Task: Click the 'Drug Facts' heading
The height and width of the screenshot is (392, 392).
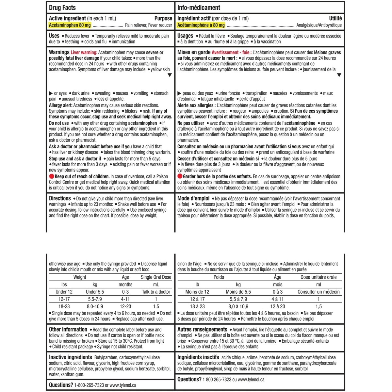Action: pos(62,8)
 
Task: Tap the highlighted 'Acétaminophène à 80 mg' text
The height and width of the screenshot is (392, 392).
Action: pos(201,25)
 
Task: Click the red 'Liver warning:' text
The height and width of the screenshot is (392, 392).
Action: pos(84,52)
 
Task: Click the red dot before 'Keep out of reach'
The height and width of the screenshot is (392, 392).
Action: pos(51,176)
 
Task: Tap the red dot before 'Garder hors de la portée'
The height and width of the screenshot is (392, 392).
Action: pos(180,176)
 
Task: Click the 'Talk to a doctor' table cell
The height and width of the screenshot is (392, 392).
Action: pos(156,292)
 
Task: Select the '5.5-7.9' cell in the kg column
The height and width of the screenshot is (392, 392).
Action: pos(95,299)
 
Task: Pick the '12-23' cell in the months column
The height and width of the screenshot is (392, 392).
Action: pos(125,306)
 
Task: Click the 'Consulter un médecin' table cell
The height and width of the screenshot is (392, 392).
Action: pos(318,292)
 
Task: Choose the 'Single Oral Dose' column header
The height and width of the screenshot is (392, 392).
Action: pos(156,277)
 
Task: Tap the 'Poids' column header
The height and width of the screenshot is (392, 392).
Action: pos(219,277)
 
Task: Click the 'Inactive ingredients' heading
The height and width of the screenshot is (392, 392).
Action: pos(71,357)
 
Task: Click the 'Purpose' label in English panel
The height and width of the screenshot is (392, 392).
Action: pos(163,18)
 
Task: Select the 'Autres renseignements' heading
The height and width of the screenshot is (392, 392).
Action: pos(202,329)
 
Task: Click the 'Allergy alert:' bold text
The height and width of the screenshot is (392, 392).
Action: pos(61,105)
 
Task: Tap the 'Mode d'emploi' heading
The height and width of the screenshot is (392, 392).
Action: pos(193,198)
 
